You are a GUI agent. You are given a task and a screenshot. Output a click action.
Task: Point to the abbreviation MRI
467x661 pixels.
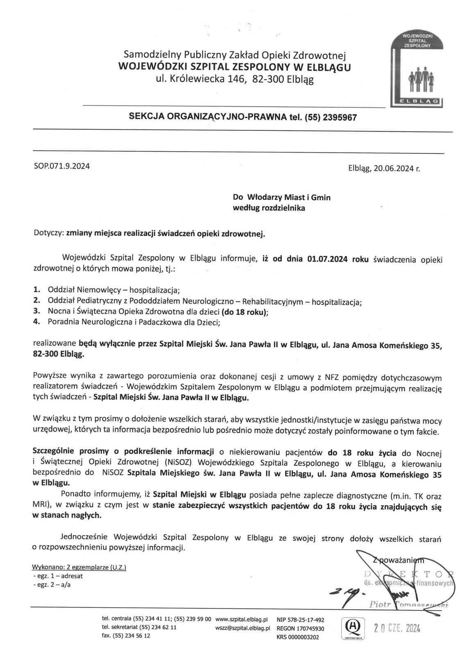39,506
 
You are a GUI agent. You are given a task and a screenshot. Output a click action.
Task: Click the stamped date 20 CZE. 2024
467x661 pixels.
397,629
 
